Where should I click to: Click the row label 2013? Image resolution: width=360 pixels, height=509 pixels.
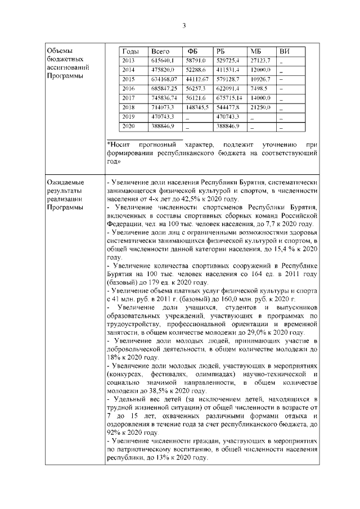pyautogui.click(x=129, y=60)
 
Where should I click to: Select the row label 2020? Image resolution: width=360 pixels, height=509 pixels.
pyautogui.click(x=129, y=127)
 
